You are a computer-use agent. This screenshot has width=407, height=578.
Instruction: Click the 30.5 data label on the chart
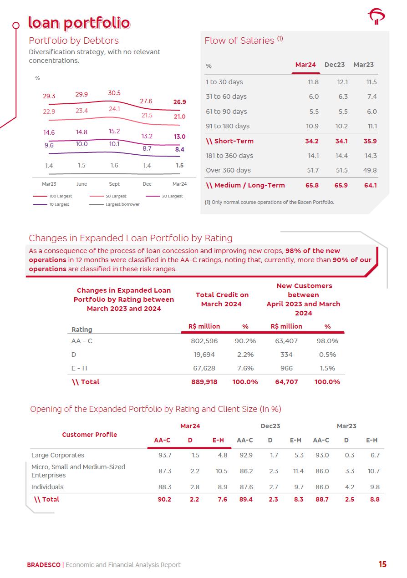pos(114,93)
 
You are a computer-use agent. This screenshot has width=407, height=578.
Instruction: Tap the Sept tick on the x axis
pos(114,184)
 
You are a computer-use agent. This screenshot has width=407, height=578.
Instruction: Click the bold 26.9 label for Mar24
pos(179,102)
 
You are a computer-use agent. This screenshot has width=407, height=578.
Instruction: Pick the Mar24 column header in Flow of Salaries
pos(305,65)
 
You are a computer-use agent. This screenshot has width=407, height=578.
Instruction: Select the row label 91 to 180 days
pos(228,126)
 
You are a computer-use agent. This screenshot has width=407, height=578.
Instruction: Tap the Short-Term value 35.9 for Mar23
pos(370,141)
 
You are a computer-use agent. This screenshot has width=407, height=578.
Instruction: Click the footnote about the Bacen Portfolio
pos(269,202)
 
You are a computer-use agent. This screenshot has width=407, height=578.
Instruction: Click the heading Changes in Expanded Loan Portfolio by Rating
pos(131,238)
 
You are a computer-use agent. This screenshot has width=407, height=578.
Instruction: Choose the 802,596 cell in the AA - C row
pos(204,341)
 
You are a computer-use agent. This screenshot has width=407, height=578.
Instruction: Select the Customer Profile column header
pos(90,435)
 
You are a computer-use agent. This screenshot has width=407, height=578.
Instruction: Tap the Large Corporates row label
pos(58,455)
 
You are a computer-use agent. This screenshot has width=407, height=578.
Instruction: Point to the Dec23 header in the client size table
pos(270,426)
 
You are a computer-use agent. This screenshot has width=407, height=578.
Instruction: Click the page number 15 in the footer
pos(382,564)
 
